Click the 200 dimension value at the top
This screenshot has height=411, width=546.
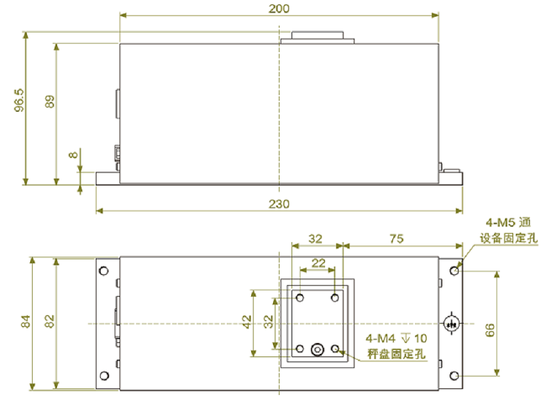[279, 8]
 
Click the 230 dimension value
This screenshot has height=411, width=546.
[279, 203]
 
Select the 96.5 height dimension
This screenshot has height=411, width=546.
[19, 100]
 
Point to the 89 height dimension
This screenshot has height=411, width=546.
[50, 102]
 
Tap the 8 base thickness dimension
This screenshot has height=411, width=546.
[73, 155]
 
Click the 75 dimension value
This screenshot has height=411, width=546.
[396, 239]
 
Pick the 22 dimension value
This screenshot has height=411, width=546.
[318, 263]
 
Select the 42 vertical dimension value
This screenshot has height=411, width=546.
[247, 322]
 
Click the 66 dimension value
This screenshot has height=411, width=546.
[490, 329]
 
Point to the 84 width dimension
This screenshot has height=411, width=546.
[26, 321]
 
